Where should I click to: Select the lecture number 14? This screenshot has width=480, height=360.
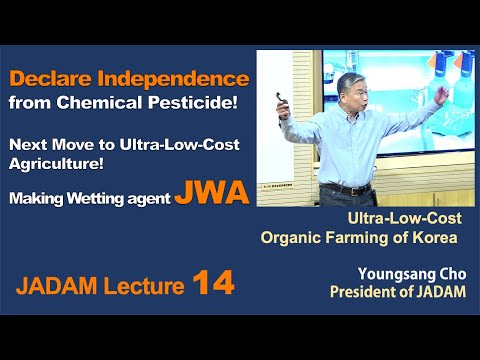213,284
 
